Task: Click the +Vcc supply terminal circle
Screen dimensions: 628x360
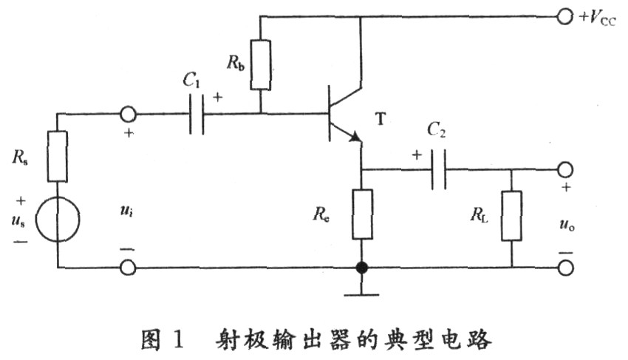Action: [564, 17]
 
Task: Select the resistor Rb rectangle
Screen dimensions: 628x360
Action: [260, 64]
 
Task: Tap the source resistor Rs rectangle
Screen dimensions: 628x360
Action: [58, 157]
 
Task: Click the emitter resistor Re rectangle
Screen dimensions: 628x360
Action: [362, 214]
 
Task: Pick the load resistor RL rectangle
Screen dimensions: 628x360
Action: [511, 216]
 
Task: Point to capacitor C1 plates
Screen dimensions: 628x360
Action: [197, 115]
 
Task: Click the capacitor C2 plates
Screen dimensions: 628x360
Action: [439, 169]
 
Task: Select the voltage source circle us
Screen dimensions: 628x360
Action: [58, 220]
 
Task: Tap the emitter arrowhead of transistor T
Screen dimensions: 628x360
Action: [355, 137]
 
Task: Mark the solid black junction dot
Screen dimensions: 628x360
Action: [362, 268]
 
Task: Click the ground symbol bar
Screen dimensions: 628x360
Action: [362, 295]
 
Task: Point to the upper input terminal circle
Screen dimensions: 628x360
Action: [128, 115]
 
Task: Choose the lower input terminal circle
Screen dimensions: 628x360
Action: [128, 268]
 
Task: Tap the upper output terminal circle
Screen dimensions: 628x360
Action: [565, 169]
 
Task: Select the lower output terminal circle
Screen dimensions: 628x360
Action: [565, 268]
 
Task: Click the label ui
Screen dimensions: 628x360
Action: [126, 211]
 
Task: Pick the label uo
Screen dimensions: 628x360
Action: [567, 225]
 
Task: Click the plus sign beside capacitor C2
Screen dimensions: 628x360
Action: [417, 154]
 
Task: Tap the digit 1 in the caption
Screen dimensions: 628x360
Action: [178, 339]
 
